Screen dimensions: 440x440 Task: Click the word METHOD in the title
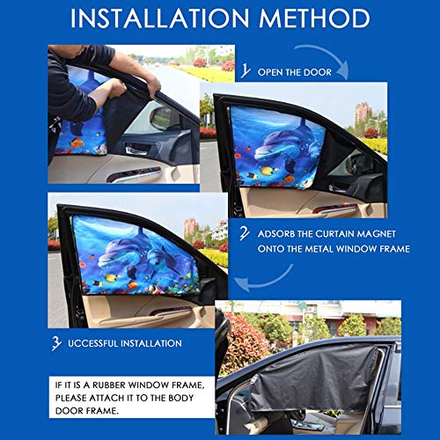click(314, 18)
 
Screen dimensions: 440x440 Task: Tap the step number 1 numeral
click(246, 70)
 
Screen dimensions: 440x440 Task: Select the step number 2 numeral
click(245, 233)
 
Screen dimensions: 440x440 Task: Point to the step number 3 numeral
click(56, 343)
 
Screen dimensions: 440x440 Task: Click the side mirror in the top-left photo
click(164, 118)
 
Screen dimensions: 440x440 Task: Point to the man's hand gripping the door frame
click(153, 86)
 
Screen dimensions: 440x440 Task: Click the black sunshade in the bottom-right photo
click(313, 378)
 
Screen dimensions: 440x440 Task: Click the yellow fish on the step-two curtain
click(267, 171)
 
